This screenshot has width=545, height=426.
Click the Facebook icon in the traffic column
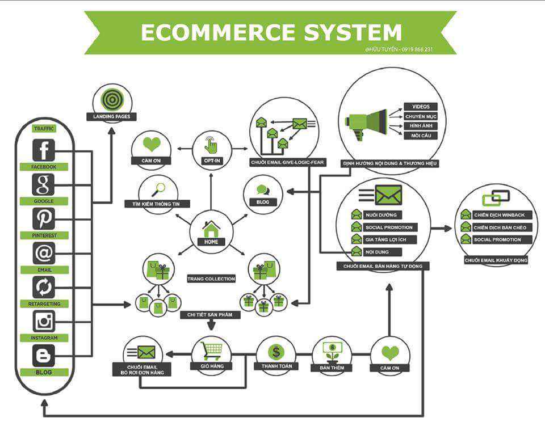[44, 150]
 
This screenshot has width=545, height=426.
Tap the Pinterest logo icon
[44, 218]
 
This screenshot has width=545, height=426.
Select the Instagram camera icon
[44, 321]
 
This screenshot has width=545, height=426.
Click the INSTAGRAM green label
[44, 338]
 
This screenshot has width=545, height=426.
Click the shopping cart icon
[212, 350]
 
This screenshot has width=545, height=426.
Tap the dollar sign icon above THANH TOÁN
[276, 352]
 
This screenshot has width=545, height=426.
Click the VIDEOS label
[421, 107]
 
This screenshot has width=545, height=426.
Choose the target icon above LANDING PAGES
[112, 100]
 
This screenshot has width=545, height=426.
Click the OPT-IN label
[211, 161]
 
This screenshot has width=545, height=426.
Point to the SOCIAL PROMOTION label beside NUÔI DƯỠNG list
[391, 227]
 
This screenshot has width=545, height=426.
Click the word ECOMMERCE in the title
[217, 32]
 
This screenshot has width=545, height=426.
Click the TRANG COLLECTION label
[211, 279]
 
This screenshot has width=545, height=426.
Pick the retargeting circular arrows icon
[44, 287]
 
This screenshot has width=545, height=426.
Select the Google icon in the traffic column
[44, 184]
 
